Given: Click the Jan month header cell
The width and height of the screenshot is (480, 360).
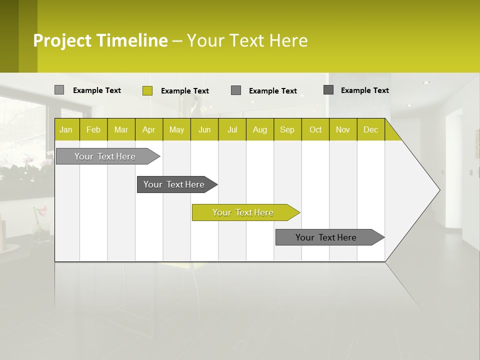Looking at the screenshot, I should pos(66,129).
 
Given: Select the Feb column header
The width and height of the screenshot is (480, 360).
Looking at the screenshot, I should pos(93,129).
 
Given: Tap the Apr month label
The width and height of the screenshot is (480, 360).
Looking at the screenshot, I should pos(149,129).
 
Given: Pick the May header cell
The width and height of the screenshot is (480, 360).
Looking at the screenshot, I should pos(176,129).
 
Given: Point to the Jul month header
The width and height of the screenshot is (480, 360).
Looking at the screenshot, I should pos(232,129).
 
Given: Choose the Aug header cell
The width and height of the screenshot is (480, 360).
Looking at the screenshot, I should pos(260,129).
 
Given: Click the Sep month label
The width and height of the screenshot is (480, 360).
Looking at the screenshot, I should pos(287,129).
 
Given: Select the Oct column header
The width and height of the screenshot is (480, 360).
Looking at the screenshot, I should pos(315,129).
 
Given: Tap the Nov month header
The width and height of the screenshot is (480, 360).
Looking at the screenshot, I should pos(343,129).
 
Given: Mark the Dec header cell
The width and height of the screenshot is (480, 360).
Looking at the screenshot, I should pos(371,129).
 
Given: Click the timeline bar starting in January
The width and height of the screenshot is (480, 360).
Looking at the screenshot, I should pos(105,156).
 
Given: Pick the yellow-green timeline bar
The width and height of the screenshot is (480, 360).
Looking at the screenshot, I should pos(243,212).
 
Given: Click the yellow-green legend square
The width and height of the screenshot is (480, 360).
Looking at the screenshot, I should pos(147,90).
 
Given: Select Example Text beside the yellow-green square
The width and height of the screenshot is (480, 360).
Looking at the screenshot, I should pos(185,91).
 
